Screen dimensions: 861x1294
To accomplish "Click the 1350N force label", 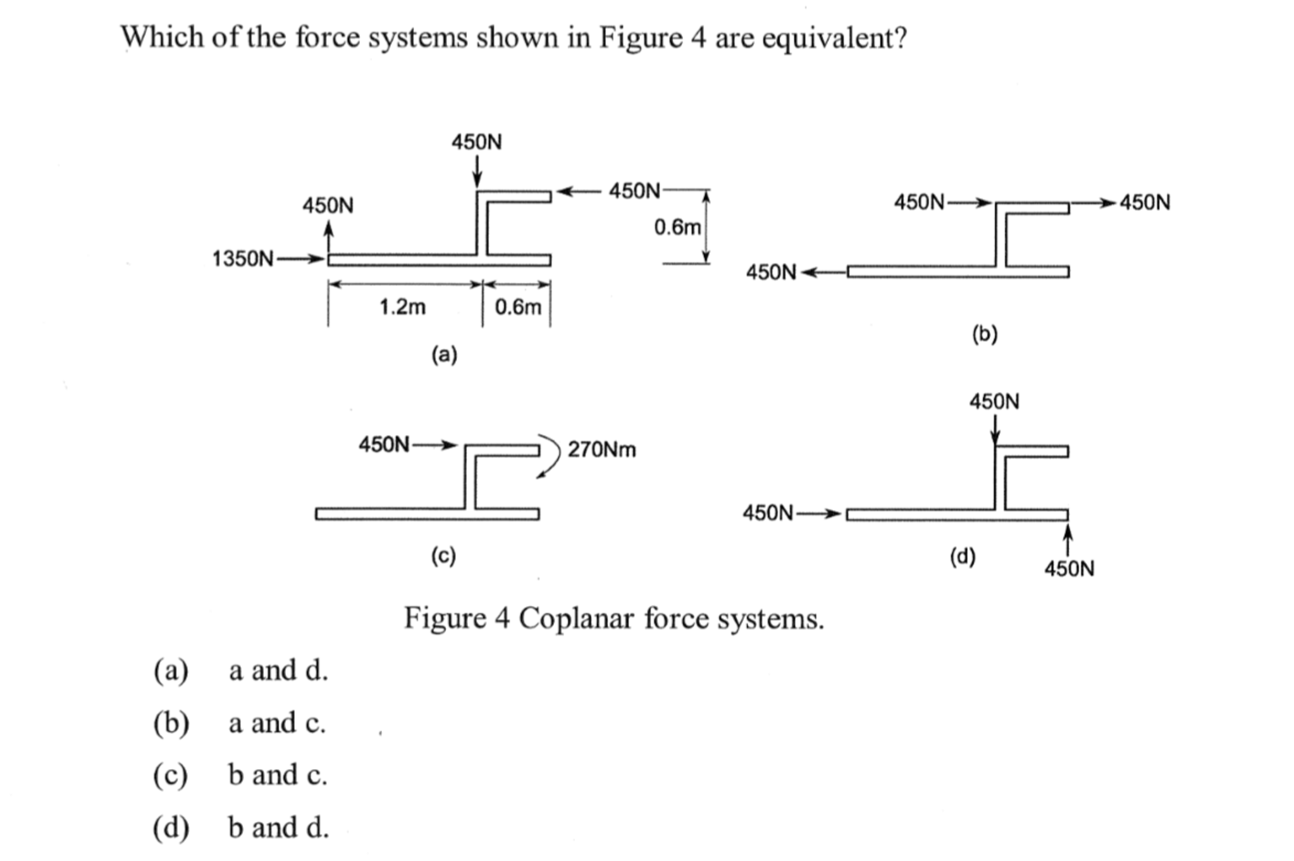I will click(x=243, y=259).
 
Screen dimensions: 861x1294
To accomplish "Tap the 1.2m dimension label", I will click(x=402, y=307).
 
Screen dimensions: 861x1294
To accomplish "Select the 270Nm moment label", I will click(x=601, y=449).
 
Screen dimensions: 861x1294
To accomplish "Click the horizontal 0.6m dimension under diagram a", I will click(x=518, y=307).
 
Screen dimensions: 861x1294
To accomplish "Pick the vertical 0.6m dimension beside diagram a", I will click(x=677, y=227).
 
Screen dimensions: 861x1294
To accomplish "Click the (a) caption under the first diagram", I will click(x=444, y=354).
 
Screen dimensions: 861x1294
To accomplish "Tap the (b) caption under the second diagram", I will click(x=985, y=334).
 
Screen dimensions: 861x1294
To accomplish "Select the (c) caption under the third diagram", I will click(x=443, y=556).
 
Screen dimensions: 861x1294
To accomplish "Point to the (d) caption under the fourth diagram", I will click(x=963, y=556).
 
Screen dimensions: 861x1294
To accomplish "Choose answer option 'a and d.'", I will click(x=278, y=670).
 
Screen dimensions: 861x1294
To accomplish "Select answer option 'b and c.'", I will click(x=278, y=775).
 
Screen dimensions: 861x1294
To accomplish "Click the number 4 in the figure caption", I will click(x=502, y=618).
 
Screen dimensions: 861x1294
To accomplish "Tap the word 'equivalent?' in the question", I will click(x=834, y=38).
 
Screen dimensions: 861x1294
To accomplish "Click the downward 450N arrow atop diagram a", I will click(x=478, y=169).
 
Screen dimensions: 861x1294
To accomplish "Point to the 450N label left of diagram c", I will click(x=384, y=444).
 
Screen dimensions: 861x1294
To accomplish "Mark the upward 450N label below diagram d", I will click(x=1069, y=568).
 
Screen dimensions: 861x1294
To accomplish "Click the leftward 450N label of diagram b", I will click(x=771, y=272).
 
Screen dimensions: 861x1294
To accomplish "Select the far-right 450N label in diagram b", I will click(x=1145, y=203).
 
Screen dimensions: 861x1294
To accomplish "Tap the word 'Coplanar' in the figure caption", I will click(x=576, y=618).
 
